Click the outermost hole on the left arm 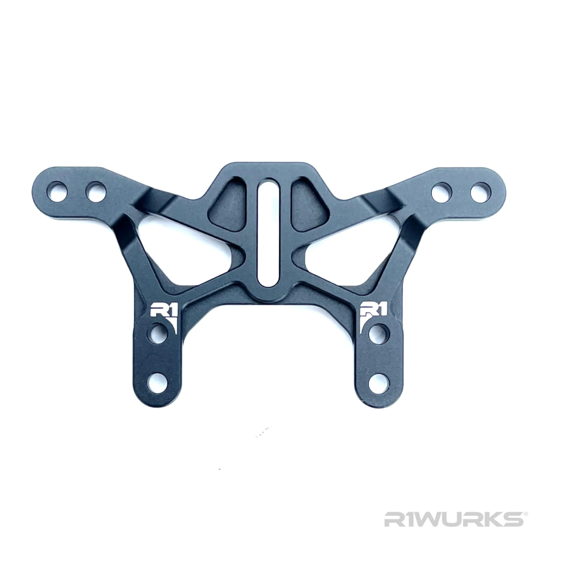pos(57,192)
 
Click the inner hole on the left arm pos(96,192)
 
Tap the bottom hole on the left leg pos(161,383)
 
